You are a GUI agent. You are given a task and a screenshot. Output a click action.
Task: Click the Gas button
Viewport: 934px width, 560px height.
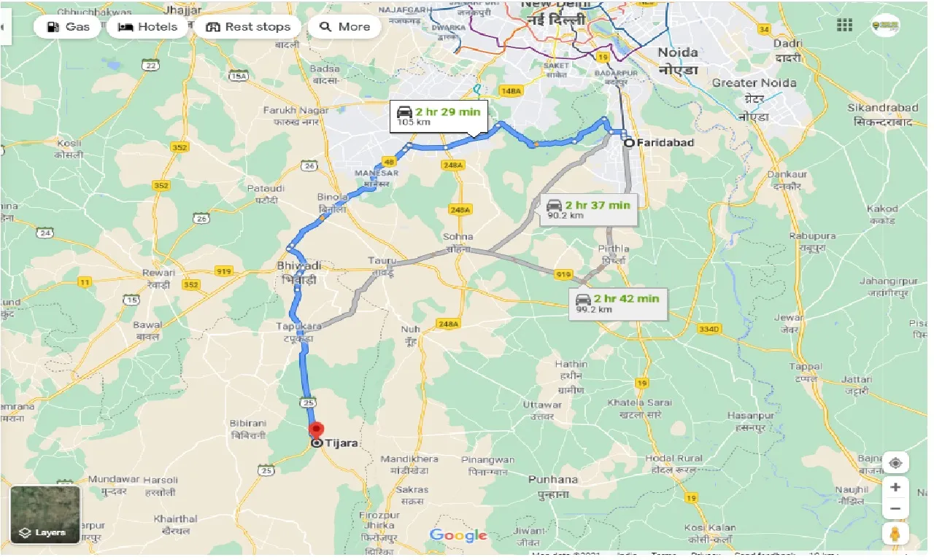[x=67, y=27]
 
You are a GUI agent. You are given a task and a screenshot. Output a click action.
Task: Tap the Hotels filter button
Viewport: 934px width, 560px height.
[x=147, y=27]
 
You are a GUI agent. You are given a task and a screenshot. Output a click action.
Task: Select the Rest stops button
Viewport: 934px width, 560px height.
[x=248, y=27]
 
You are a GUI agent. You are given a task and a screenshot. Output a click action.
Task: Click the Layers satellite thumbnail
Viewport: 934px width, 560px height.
[x=45, y=515]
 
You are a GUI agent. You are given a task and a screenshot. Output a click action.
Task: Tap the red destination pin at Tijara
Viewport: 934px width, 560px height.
[x=316, y=430]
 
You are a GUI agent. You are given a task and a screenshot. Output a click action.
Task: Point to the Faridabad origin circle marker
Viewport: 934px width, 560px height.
[x=628, y=143]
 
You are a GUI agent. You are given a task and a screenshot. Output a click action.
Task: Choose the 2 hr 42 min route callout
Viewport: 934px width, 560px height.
[x=620, y=303]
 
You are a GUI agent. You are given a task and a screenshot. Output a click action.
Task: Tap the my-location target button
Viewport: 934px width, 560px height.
[x=895, y=463]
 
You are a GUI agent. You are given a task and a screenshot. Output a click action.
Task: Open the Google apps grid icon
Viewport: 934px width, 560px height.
[x=844, y=26]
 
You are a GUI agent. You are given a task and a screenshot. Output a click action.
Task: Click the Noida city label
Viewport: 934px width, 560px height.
[x=678, y=52]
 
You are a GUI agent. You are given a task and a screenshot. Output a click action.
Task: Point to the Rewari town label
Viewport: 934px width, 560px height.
[x=158, y=273]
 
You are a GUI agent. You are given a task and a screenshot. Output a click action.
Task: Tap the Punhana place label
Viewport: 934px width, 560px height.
[x=552, y=480]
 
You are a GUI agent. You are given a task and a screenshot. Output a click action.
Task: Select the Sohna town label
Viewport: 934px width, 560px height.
[x=458, y=237]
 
